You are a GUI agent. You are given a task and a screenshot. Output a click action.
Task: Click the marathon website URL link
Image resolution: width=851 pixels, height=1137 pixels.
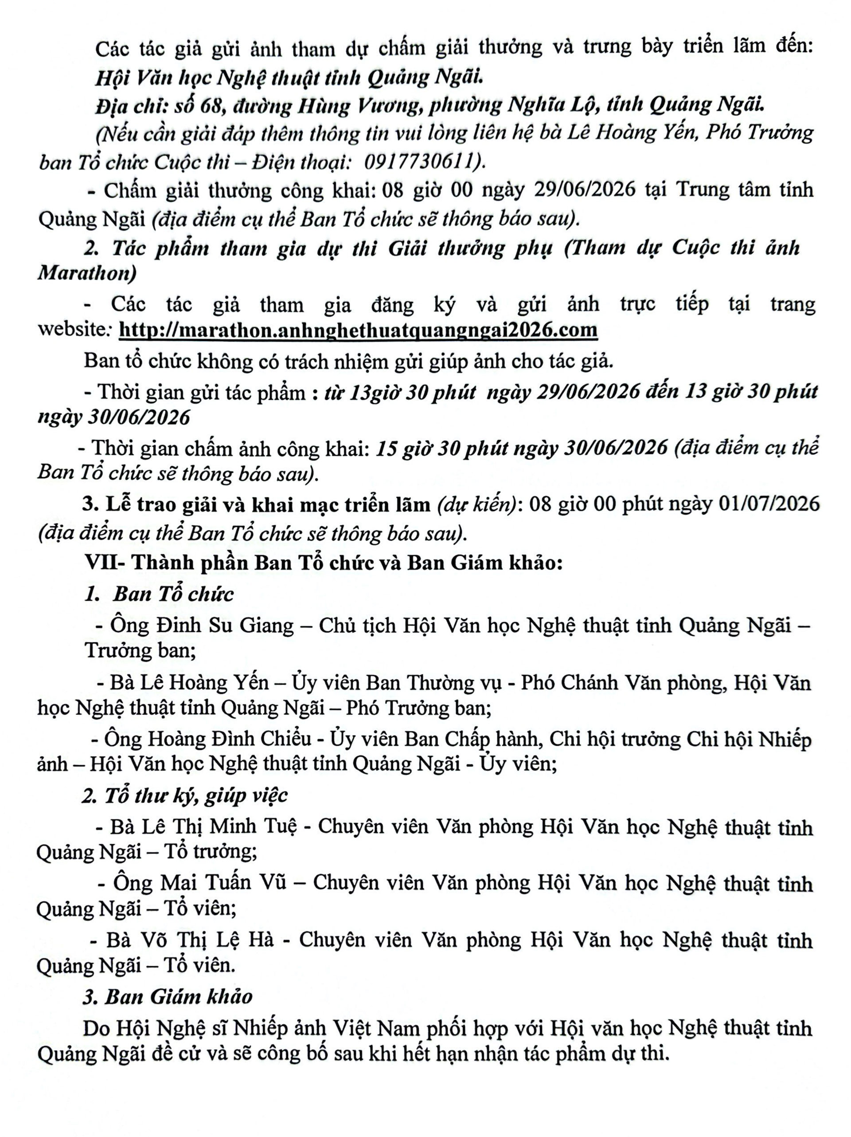coord(358,330)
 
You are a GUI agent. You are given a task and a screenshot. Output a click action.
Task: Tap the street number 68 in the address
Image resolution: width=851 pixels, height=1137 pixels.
coord(211,106)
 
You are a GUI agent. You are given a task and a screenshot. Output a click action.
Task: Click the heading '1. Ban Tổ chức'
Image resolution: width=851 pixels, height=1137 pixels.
coord(159,594)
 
